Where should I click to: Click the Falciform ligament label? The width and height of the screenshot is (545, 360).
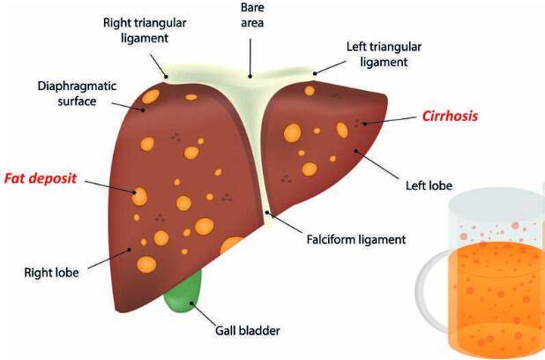[355, 239]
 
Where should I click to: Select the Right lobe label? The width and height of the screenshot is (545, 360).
[52, 272]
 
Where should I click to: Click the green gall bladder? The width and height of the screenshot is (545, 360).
[182, 291]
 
